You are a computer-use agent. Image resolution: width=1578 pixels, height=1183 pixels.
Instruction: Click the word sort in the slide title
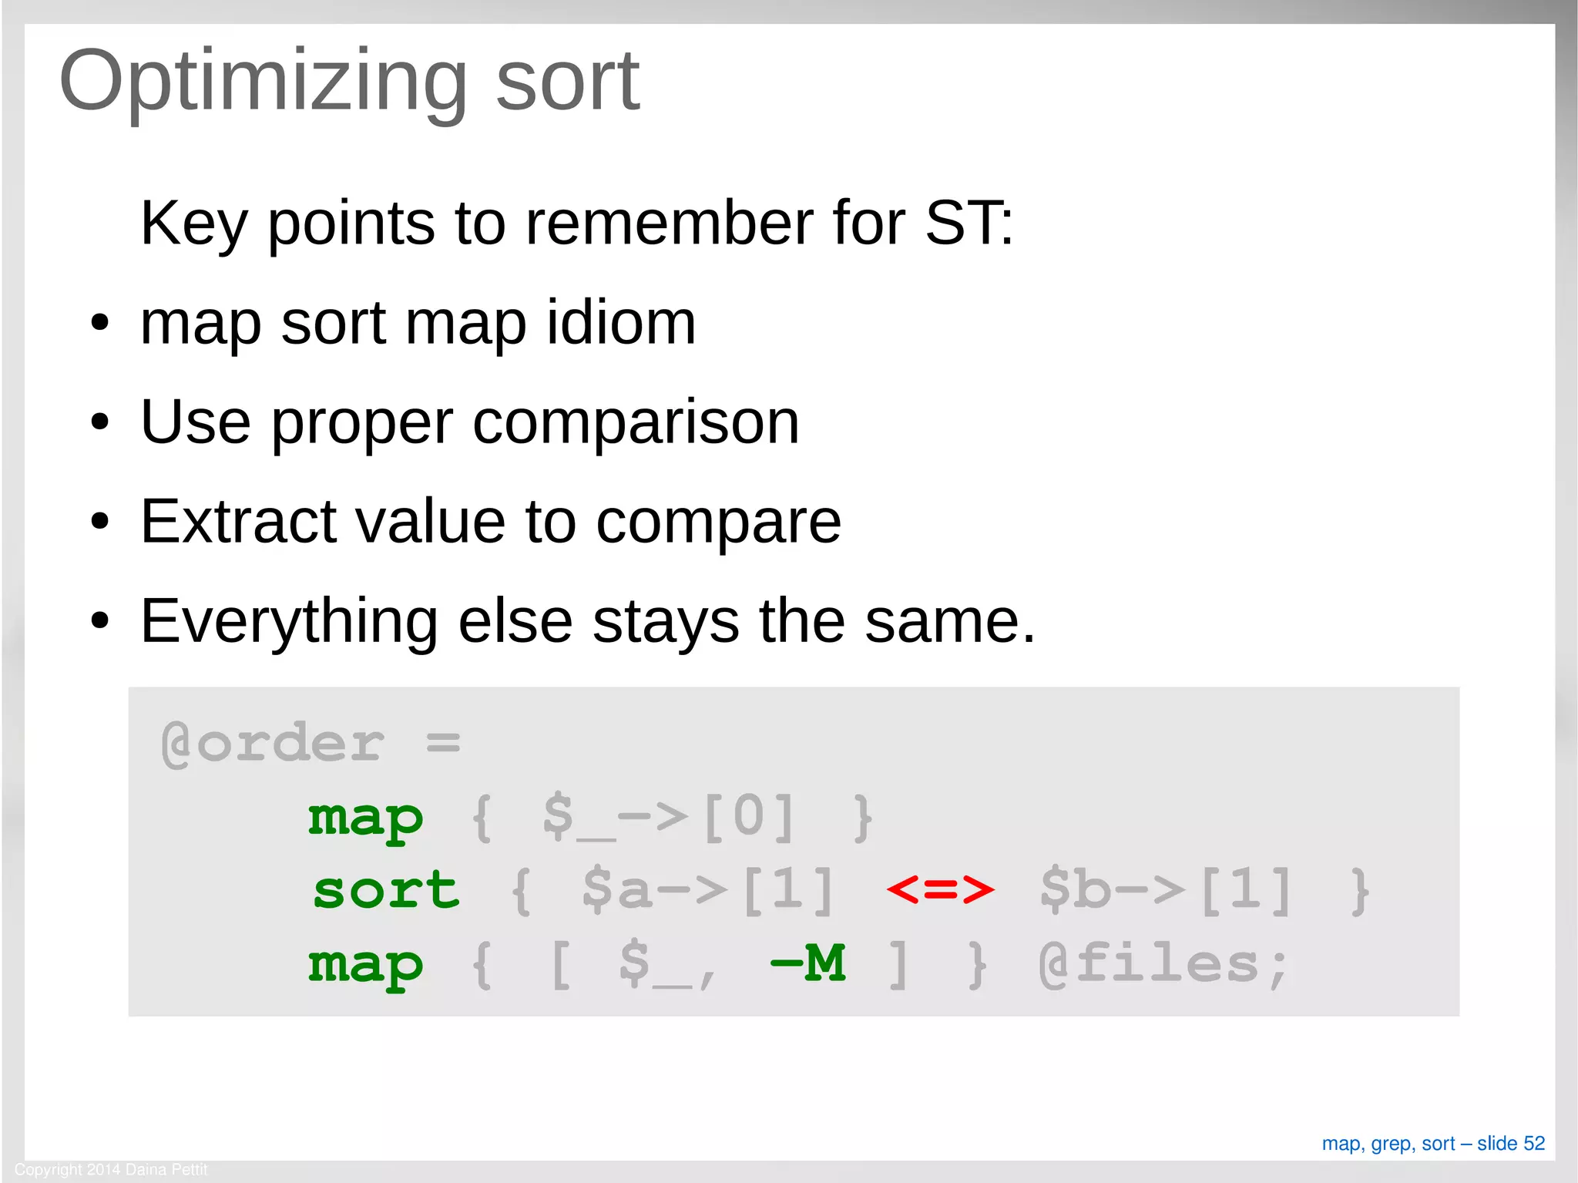point(567,82)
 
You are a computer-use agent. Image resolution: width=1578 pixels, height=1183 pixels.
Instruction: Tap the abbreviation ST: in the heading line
point(969,223)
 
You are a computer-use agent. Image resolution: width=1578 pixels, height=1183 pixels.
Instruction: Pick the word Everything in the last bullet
point(289,621)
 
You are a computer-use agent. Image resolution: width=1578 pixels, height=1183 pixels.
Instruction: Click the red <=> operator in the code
point(940,889)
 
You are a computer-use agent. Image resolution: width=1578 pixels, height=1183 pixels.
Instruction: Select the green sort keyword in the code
point(386,891)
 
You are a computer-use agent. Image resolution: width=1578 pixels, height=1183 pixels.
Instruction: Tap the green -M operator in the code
point(808,963)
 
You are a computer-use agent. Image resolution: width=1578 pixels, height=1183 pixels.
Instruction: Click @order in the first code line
point(272,744)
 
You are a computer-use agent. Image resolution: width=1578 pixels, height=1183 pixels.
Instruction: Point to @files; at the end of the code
point(1163,964)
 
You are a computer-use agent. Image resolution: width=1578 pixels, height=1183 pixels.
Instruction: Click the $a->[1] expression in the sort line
point(707,891)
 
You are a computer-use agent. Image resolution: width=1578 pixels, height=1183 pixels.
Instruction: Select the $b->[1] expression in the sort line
point(1165,891)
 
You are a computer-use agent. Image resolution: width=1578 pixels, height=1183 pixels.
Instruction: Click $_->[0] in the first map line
point(668,817)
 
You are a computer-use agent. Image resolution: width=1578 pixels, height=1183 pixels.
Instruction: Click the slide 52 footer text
point(1433,1143)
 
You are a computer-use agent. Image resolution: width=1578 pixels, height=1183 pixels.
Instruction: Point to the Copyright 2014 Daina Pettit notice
point(111,1169)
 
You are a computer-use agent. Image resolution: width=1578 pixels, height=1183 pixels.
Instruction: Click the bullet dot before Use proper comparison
point(99,422)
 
